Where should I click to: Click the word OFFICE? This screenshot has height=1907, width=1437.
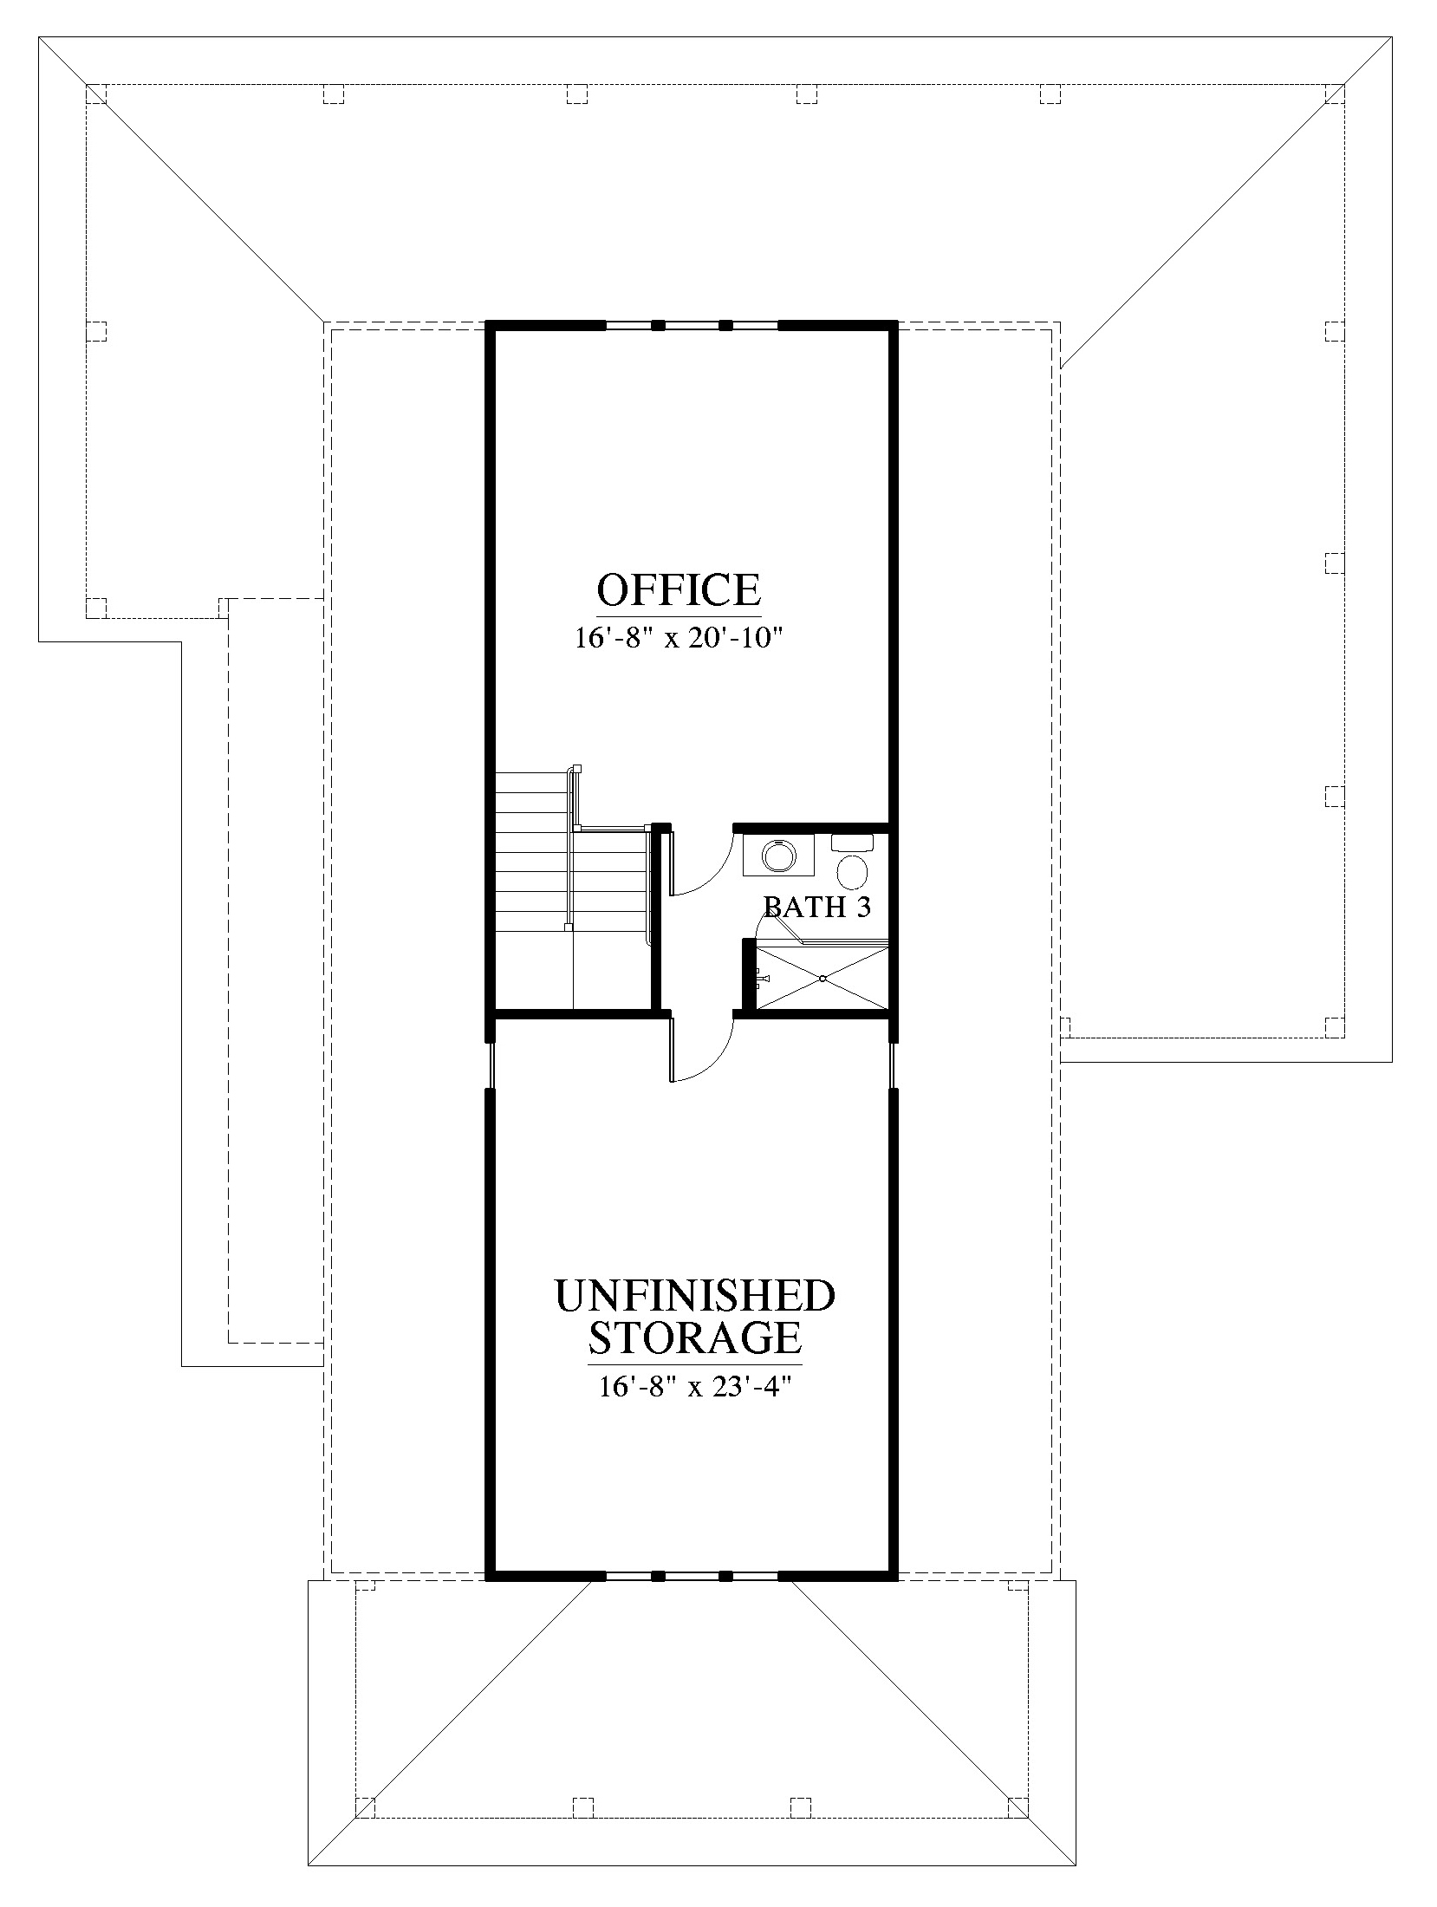(x=678, y=589)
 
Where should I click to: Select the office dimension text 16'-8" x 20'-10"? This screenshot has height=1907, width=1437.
(x=679, y=639)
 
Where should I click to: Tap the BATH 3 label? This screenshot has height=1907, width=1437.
(x=817, y=907)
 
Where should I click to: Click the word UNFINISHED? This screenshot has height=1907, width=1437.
(x=695, y=1320)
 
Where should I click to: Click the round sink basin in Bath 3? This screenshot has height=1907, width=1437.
(x=777, y=856)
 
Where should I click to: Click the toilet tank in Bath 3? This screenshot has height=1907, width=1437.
(x=853, y=842)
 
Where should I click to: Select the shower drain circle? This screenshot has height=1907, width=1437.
(x=823, y=979)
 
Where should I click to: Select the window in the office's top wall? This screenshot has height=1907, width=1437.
(x=692, y=325)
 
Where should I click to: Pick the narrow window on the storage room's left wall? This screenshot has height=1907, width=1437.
(x=491, y=1065)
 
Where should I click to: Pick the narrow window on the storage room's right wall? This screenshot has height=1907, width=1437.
(x=893, y=1065)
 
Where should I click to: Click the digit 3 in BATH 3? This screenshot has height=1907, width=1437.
(x=863, y=907)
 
